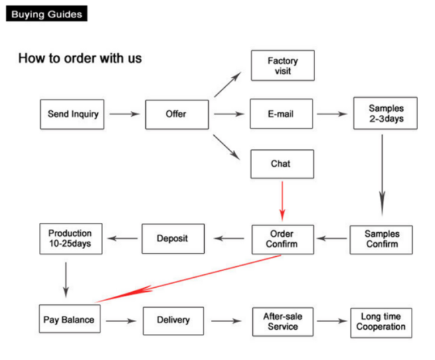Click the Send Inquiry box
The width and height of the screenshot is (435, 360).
click(x=72, y=114)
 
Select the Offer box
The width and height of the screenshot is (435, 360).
click(x=177, y=114)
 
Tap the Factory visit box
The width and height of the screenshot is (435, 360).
click(x=282, y=66)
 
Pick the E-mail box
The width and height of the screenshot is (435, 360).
click(x=281, y=114)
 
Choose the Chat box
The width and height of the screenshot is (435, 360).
click(x=282, y=164)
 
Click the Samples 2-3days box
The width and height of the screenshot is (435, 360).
click(x=385, y=113)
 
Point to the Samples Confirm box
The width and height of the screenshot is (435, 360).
click(x=381, y=240)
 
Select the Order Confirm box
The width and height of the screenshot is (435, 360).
click(x=282, y=240)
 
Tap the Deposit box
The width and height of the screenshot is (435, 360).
click(x=173, y=238)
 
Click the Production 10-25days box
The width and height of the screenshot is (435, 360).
click(x=71, y=238)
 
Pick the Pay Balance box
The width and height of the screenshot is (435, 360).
click(x=70, y=319)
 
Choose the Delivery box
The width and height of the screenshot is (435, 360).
click(x=173, y=321)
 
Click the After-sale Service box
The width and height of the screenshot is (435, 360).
click(x=282, y=322)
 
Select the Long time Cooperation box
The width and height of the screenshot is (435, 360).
click(x=381, y=323)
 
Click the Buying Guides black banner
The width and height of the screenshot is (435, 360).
click(x=47, y=13)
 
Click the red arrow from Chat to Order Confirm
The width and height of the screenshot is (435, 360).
click(x=282, y=201)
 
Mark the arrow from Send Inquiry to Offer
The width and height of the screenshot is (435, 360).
click(x=124, y=114)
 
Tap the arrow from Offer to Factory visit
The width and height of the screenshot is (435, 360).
click(x=228, y=84)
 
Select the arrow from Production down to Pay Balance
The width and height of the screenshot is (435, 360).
click(x=66, y=280)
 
